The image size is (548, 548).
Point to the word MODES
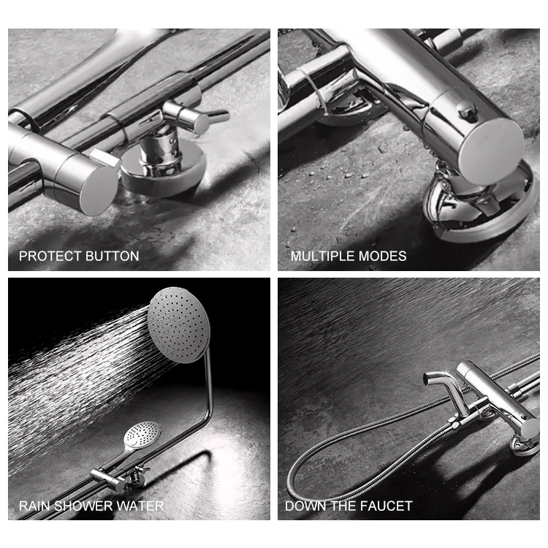coord(384,256)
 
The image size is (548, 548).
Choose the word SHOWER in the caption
coord(83,506)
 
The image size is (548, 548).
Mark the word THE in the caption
coord(340,506)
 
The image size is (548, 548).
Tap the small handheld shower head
coord(142,435)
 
